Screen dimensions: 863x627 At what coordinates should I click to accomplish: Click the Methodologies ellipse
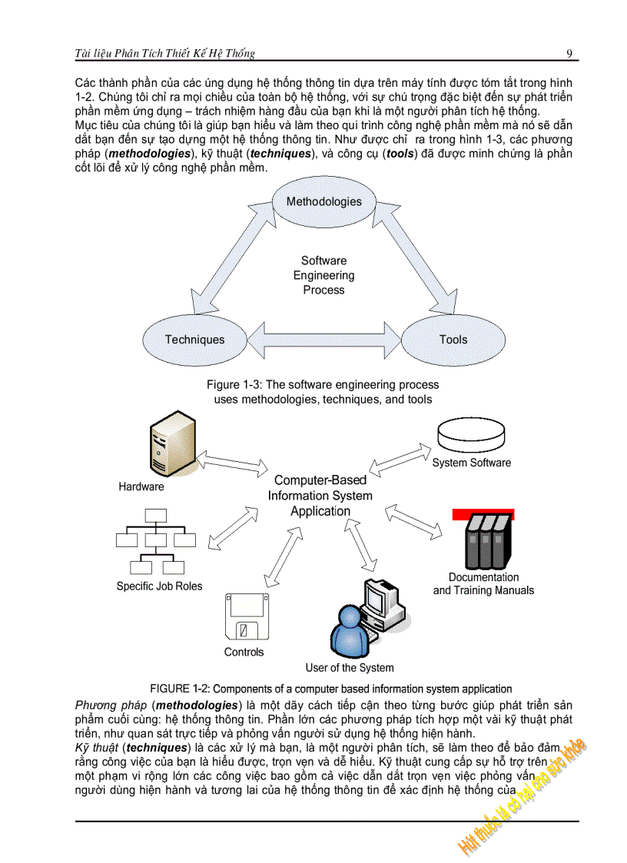pos(323,202)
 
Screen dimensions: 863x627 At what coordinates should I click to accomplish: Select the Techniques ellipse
pos(194,339)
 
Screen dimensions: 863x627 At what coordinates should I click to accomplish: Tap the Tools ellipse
pos(453,339)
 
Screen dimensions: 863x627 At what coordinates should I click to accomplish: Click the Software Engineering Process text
pos(323,275)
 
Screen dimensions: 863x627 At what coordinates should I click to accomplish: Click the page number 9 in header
pos(569,53)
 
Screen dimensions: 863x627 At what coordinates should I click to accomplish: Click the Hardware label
pos(141,486)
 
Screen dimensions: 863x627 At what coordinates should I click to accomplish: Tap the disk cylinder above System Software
pos(472,436)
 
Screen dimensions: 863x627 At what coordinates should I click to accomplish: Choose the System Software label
pos(471,463)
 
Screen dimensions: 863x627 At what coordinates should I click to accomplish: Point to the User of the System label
pos(350,668)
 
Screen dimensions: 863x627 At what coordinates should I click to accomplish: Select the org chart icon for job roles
pos(157,543)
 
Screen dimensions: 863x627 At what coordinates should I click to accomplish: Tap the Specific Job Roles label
pos(159,586)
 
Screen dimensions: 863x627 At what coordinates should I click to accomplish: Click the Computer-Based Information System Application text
pos(320,496)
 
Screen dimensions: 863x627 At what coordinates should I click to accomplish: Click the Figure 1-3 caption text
pos(323,392)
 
